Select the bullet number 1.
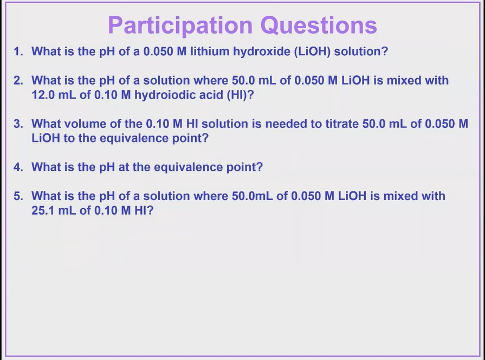[x=18, y=52]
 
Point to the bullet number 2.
[x=18, y=81]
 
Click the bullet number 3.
[x=18, y=124]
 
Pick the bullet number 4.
[x=18, y=167]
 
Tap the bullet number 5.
[x=18, y=196]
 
